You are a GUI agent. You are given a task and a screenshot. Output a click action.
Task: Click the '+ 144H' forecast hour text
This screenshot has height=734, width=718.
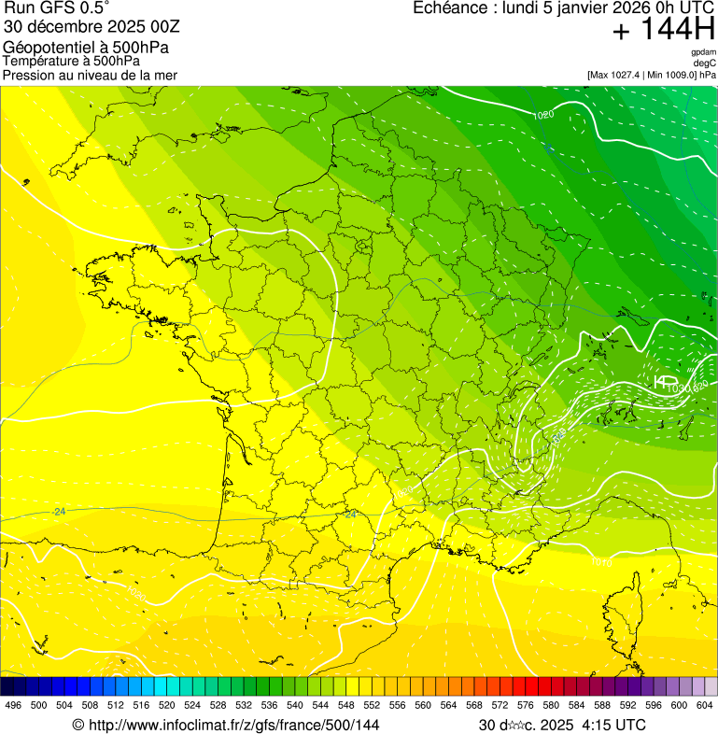coord(663,31)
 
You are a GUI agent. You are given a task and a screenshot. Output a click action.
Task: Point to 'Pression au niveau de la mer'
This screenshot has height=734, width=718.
coord(90,75)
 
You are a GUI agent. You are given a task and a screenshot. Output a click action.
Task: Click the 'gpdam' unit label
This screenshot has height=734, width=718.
coord(703,52)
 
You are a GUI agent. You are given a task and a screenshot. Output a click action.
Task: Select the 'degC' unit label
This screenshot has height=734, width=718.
coord(705,64)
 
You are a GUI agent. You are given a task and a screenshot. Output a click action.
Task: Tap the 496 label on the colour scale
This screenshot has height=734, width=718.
coord(13,705)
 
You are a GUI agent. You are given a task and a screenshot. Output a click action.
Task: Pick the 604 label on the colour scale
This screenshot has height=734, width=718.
coord(705,705)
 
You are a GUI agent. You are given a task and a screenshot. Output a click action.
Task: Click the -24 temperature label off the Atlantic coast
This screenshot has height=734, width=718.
coord(60,512)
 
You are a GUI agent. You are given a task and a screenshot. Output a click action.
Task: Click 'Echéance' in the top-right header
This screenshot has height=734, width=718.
coord(452,8)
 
